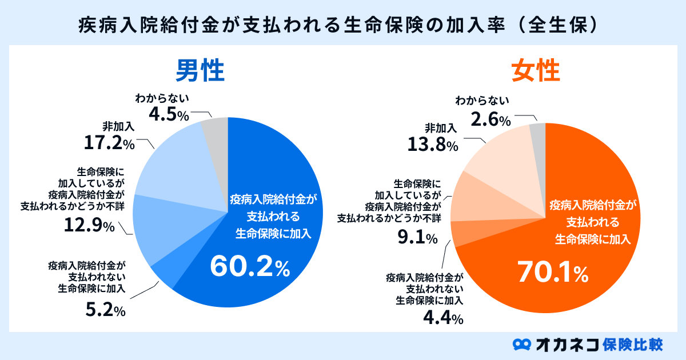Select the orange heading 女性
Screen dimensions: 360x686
coord(535,73)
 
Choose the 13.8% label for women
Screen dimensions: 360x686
coord(433,145)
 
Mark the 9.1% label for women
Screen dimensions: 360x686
coord(418,235)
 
